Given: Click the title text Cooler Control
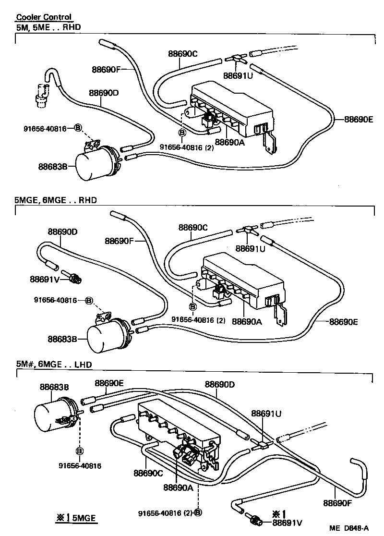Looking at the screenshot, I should click(x=44, y=17).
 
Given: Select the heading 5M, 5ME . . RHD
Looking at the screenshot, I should click(x=48, y=27).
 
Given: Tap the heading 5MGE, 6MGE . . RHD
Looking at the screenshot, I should click(x=56, y=200).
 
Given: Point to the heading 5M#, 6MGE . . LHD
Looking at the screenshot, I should click(x=54, y=365).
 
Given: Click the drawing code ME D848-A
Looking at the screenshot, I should click(x=349, y=528).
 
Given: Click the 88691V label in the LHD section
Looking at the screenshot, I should click(x=288, y=522).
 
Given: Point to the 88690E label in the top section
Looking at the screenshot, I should click(x=358, y=119).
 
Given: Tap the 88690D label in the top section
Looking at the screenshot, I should click(x=103, y=93).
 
